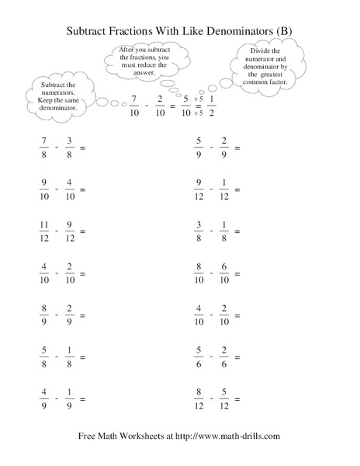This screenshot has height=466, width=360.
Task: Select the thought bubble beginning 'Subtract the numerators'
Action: click(56, 96)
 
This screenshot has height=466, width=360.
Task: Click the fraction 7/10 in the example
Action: click(135, 105)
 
